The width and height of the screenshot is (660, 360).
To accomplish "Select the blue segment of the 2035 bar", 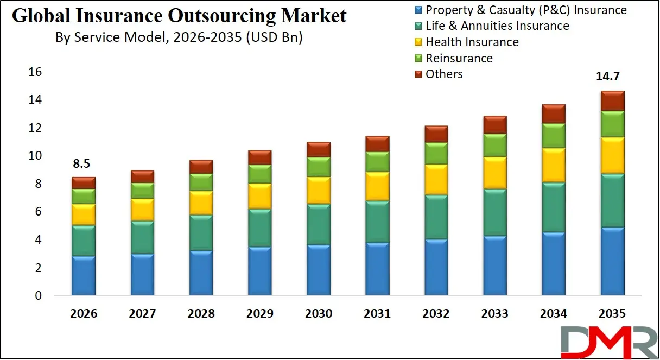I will [x=612, y=261].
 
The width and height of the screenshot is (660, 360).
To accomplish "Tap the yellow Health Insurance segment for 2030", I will [x=319, y=190].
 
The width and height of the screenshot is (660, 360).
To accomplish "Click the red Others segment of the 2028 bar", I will [x=201, y=167].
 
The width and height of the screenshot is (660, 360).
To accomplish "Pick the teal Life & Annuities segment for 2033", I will [x=494, y=212].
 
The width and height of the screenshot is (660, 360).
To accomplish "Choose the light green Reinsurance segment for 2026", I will [x=84, y=196].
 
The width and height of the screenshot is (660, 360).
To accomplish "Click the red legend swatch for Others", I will [x=418, y=74].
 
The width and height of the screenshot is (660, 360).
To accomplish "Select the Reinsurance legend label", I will [x=459, y=58].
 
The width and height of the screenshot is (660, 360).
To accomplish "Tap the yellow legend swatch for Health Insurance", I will [x=418, y=42].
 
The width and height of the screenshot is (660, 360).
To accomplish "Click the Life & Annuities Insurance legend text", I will [x=497, y=26].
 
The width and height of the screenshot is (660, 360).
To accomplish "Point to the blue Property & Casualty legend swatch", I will [x=418, y=10].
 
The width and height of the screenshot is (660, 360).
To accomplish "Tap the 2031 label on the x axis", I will [x=377, y=314].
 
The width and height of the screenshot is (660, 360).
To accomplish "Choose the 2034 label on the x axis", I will [x=553, y=314].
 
